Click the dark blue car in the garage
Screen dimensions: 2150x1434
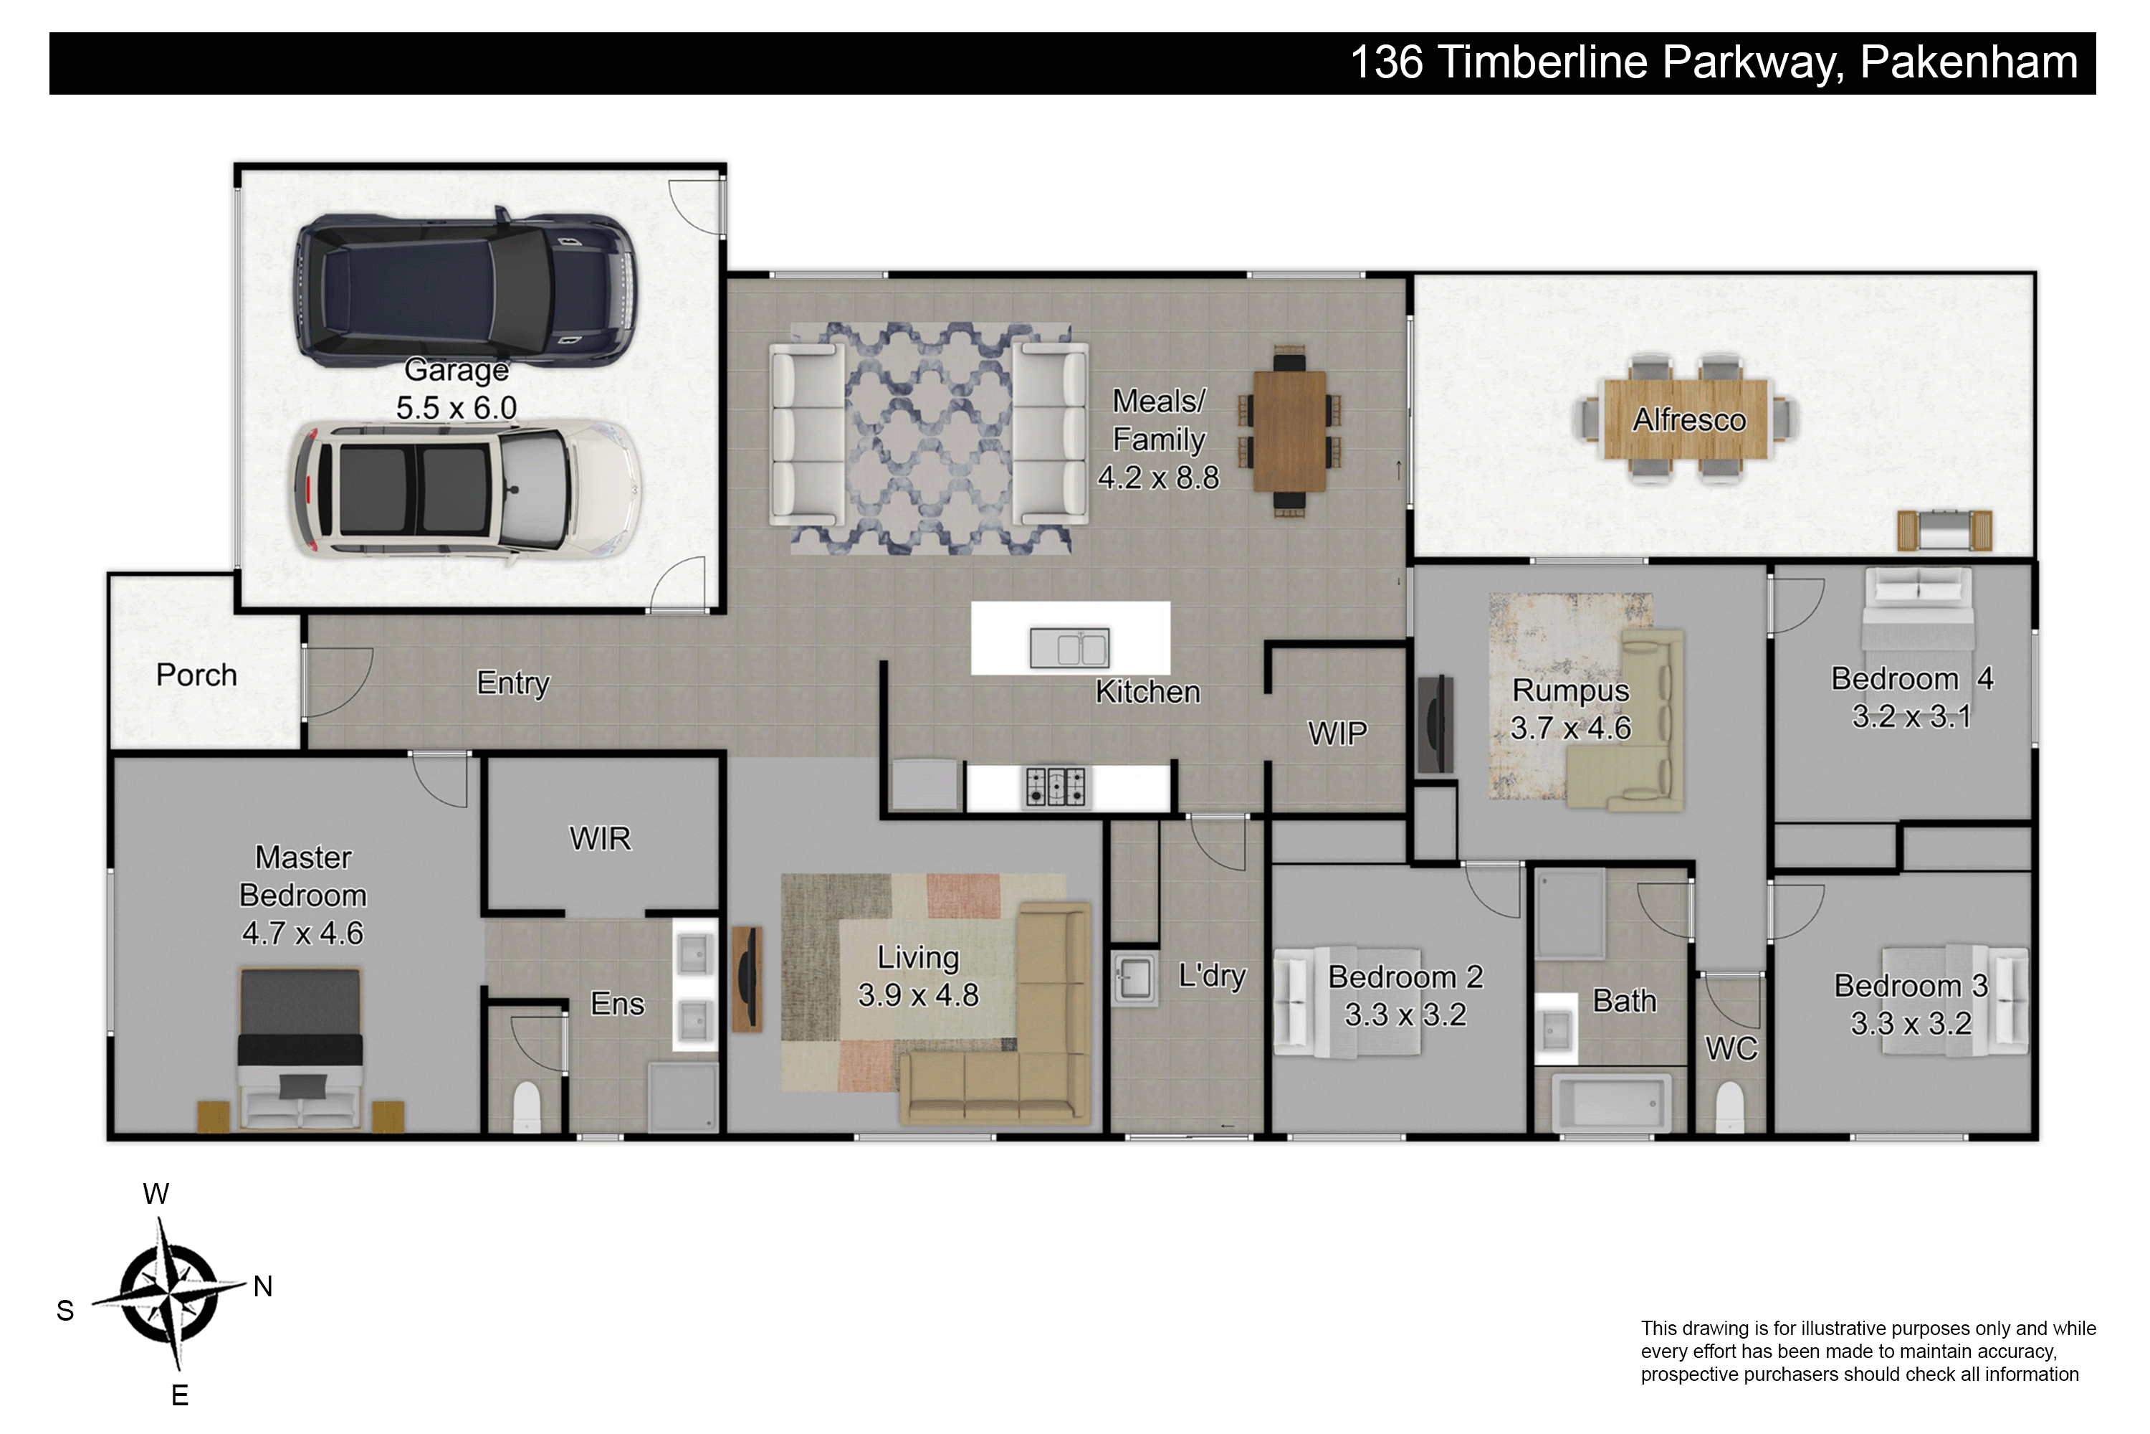[x=464, y=285]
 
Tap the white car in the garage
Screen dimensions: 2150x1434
[x=464, y=490]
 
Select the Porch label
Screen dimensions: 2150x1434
[x=196, y=675]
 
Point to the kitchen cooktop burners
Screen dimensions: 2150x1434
[x=1056, y=787]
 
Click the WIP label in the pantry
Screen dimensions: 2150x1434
[x=1337, y=733]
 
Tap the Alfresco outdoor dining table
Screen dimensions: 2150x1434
[x=1686, y=419]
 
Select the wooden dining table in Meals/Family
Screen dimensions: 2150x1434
[x=1289, y=431]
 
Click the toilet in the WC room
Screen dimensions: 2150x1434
[x=1729, y=1106]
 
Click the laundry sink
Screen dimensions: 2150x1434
[x=1134, y=979]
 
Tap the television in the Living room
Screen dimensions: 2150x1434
[x=747, y=979]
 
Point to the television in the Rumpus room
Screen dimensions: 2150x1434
[x=1435, y=724]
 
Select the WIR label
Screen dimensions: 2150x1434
[x=600, y=839]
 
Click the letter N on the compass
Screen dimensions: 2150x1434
[x=263, y=1287]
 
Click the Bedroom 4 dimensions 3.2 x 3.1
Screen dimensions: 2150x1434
[x=1911, y=716]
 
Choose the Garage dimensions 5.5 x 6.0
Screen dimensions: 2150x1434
[x=456, y=407]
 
